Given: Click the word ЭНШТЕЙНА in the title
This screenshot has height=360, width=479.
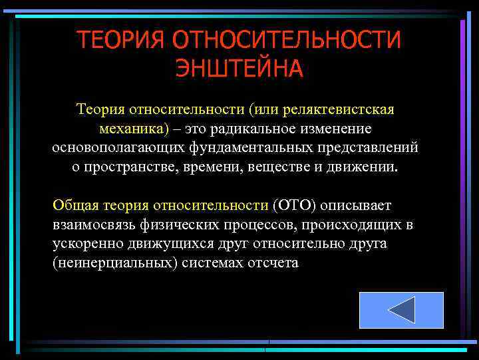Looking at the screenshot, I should point(239,68).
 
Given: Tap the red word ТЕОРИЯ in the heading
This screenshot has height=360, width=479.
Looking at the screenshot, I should point(120,39).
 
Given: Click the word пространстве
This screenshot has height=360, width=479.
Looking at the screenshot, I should point(130,167).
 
